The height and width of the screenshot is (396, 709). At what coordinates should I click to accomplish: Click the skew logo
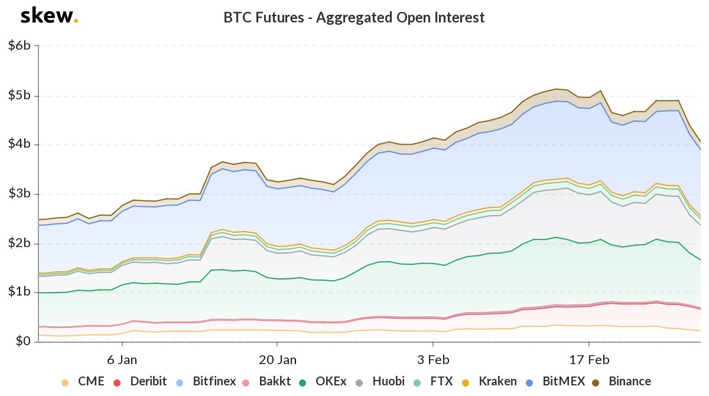(x=48, y=17)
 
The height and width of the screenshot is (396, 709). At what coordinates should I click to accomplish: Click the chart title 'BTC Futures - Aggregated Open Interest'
(x=354, y=18)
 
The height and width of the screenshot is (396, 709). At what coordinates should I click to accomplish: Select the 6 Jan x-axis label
(x=122, y=360)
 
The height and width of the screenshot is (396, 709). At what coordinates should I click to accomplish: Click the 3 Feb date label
(x=433, y=360)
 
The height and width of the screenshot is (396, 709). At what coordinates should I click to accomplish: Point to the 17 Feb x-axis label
(x=589, y=360)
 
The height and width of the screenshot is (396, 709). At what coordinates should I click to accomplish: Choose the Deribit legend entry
(x=142, y=382)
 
